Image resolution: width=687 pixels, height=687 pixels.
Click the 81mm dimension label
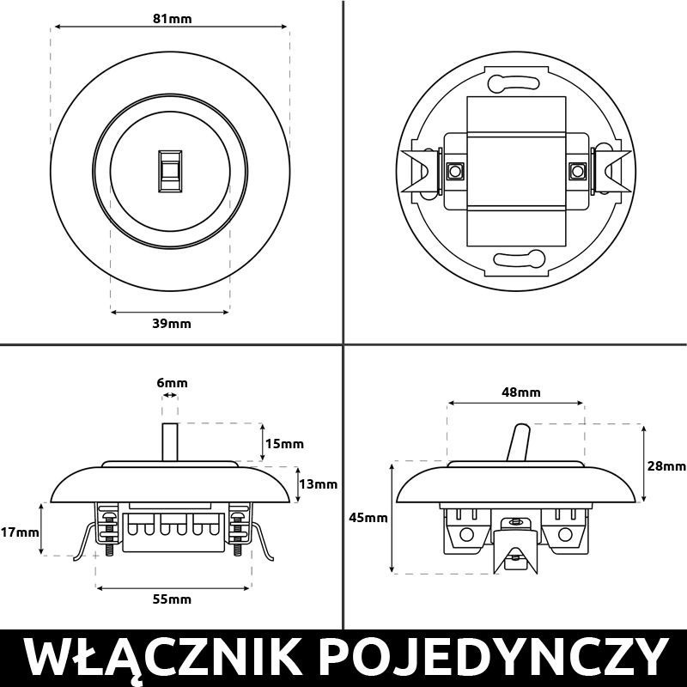tap(170, 17)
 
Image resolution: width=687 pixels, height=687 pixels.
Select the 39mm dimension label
tap(171, 324)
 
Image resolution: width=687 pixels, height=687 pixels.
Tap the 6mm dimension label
tap(171, 383)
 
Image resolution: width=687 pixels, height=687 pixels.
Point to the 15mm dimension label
tap(284, 444)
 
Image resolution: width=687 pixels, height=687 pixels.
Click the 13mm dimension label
tap(318, 483)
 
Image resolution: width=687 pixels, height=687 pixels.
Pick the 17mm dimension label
tap(20, 532)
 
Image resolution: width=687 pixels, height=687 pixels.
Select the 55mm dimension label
tap(171, 599)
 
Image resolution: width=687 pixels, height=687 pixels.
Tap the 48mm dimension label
tap(521, 392)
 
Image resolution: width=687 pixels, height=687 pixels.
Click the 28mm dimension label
tap(666, 465)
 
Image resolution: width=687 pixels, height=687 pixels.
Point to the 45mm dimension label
tap(368, 518)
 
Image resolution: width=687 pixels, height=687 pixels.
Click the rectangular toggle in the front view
tap(170, 169)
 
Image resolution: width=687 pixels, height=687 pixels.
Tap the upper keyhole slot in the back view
tap(514, 83)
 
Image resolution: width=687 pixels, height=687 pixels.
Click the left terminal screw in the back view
tap(453, 170)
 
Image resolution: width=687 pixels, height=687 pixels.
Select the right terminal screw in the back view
tap(576, 170)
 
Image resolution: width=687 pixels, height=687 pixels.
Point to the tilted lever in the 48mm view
tap(519, 443)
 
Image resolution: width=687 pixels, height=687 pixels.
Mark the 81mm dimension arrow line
tap(170, 28)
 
